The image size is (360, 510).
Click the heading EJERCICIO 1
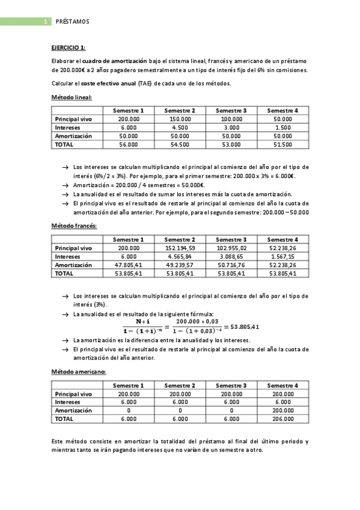(69, 47)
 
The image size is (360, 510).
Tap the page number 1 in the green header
(45, 22)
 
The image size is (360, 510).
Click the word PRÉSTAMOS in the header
(72, 22)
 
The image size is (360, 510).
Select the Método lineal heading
(72, 97)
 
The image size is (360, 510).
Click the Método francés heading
(74, 226)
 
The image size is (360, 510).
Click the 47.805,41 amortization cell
(129, 265)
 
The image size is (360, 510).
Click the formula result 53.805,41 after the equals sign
(245, 327)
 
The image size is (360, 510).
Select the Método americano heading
(78, 371)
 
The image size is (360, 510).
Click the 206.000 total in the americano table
(282, 419)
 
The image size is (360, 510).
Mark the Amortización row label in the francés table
(73, 265)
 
